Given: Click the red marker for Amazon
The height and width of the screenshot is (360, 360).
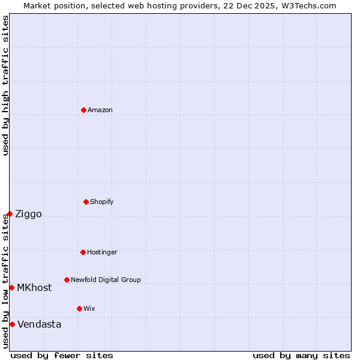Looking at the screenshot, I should [83, 110].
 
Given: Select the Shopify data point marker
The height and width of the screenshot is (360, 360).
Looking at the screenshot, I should [86, 202].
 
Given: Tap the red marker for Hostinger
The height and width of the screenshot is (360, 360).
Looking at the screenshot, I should [83, 252].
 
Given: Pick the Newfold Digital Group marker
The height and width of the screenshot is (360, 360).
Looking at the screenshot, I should [67, 280].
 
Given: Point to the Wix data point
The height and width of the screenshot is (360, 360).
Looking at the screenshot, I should [79, 308].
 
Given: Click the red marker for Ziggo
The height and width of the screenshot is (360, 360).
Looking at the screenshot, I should [10, 214].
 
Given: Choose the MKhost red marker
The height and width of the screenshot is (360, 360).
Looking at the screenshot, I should [11, 287].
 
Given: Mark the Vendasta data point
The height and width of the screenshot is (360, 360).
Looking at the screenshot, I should [12, 324].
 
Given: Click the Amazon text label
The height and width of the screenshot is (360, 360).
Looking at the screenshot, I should [100, 110].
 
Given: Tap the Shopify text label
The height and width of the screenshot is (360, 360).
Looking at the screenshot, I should [102, 202].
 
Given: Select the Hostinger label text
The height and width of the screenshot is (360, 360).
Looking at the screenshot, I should [102, 252].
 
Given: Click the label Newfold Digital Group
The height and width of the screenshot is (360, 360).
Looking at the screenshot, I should [106, 280].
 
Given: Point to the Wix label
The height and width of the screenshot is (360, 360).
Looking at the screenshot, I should [89, 308].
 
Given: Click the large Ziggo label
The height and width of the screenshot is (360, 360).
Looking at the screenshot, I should [28, 214].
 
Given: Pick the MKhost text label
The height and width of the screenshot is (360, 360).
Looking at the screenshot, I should [34, 288].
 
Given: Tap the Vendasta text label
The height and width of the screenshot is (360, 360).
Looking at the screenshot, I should [39, 325].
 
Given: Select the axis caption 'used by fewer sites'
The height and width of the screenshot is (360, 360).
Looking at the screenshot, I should [62, 355].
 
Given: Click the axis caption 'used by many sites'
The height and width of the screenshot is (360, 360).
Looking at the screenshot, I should [301, 355].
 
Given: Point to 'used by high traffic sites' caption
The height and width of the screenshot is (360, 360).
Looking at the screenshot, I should [5, 85].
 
